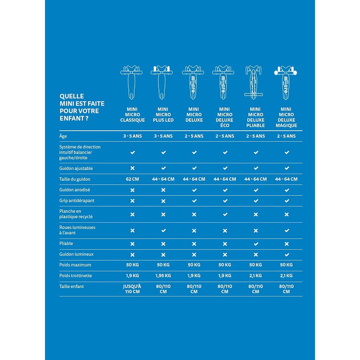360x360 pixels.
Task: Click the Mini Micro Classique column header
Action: tap(132, 114)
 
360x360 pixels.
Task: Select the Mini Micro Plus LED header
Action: tap(163, 114)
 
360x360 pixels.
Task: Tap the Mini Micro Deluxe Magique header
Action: tap(287, 117)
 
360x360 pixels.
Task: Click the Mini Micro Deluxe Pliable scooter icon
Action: tap(256, 82)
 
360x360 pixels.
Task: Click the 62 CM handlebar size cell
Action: tap(132, 179)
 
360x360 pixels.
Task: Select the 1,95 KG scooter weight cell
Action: tap(163, 275)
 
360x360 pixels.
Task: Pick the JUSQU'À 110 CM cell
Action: tap(132, 289)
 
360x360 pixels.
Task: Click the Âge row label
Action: tap(63, 136)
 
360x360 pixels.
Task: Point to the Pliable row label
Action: tap(66, 243)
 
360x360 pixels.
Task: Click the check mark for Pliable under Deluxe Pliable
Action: tap(256, 244)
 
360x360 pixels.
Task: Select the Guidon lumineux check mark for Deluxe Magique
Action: tap(287, 255)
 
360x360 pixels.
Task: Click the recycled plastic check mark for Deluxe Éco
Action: tap(225, 214)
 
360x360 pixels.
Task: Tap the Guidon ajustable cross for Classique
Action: tap(132, 168)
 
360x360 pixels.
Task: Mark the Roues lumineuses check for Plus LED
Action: tap(163, 230)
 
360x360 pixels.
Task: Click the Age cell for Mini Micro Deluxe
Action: tap(194, 136)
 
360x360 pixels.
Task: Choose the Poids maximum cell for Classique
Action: tap(132, 265)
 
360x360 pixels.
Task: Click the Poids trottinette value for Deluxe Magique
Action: tap(287, 275)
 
